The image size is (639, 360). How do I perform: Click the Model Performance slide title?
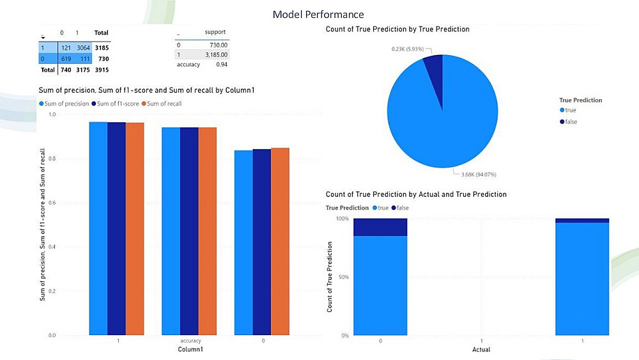pyautogui.click(x=318, y=15)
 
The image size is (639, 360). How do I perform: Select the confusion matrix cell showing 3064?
pyautogui.click(x=83, y=48)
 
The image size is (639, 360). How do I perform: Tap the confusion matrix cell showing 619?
pyautogui.click(x=66, y=59)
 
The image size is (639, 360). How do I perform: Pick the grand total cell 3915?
pyautogui.click(x=102, y=70)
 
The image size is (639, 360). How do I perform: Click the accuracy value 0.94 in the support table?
pyautogui.click(x=222, y=65)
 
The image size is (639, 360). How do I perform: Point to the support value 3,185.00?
pyautogui.click(x=217, y=54)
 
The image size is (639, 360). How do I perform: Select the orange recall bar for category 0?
pyautogui.click(x=280, y=241)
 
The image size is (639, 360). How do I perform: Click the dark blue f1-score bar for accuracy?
pyautogui.click(x=189, y=231)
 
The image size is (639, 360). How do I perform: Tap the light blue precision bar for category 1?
pyautogui.click(x=98, y=228)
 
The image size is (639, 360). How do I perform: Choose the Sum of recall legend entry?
pyautogui.click(x=162, y=104)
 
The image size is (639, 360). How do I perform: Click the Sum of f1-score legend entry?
pyautogui.click(x=115, y=104)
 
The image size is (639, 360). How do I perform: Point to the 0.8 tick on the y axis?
pyautogui.click(x=52, y=159)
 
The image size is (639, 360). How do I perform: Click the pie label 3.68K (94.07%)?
pyautogui.click(x=479, y=175)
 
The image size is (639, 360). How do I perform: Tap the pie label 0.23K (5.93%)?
pyautogui.click(x=408, y=49)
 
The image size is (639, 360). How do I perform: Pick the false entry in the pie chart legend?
pyautogui.click(x=569, y=121)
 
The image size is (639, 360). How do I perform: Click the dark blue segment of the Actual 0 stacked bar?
pyautogui.click(x=380, y=227)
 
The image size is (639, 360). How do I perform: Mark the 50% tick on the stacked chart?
pyautogui.click(x=344, y=277)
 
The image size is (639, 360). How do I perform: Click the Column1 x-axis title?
pyautogui.click(x=190, y=349)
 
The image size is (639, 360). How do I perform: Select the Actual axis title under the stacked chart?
pyautogui.click(x=481, y=349)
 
